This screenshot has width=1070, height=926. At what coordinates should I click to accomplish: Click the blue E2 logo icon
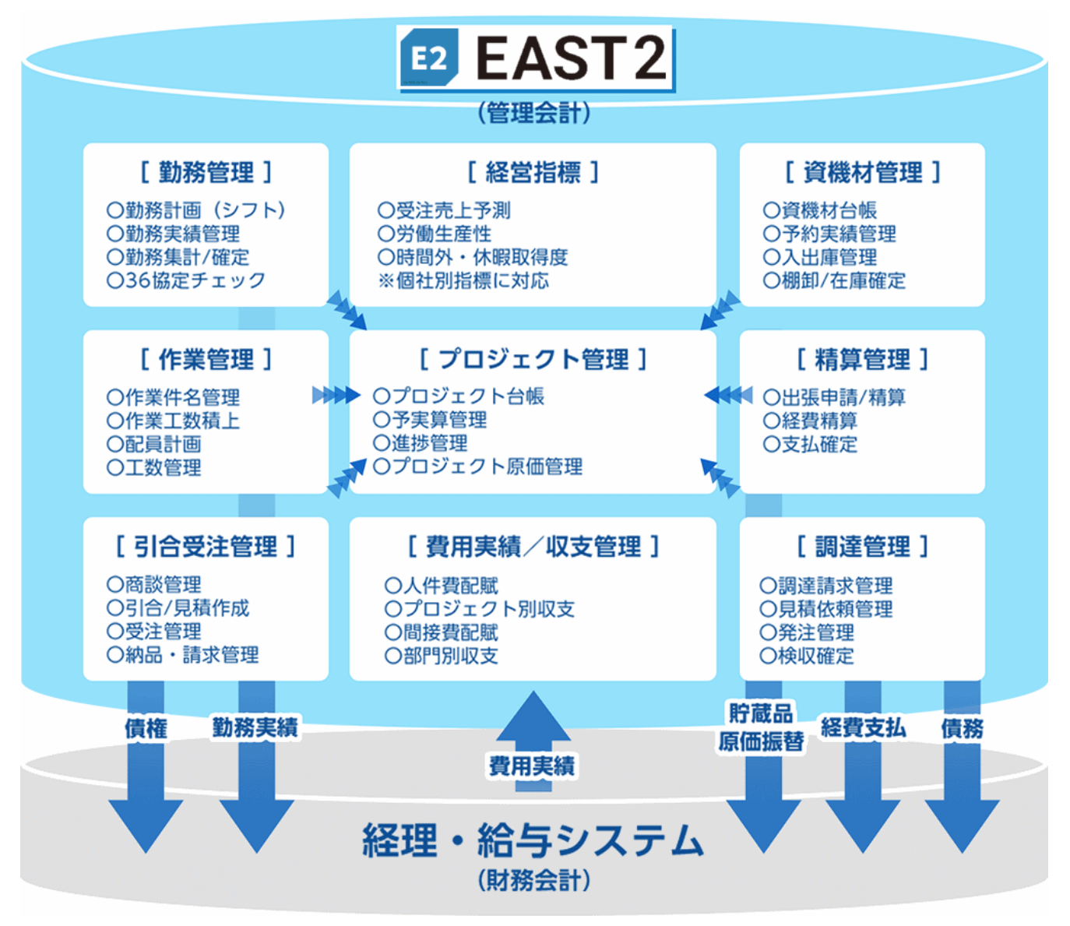429,58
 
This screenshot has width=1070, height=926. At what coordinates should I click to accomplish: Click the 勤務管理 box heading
206,172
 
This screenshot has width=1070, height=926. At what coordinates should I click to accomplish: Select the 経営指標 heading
533,172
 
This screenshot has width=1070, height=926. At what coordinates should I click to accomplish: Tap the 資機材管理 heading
862,172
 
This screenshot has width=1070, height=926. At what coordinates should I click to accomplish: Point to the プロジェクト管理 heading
533,359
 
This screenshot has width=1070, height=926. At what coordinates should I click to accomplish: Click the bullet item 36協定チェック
186,280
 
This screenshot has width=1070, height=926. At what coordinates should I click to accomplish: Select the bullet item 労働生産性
435,234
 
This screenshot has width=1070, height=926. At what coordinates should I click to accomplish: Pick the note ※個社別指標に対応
463,280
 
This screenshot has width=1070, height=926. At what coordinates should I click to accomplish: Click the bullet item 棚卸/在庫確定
834,280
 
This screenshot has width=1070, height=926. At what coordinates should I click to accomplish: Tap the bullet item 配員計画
154,444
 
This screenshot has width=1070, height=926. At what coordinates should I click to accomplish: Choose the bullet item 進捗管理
421,443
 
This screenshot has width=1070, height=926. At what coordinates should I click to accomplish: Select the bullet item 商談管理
154,584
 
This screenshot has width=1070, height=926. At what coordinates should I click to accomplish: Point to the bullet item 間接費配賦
442,632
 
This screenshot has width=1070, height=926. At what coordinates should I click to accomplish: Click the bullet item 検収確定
807,656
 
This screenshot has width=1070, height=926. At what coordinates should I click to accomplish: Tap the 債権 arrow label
146,728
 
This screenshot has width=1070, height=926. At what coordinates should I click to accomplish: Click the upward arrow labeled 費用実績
533,740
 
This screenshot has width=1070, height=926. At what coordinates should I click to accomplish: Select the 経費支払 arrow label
863,728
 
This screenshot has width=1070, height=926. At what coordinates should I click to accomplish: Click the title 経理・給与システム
533,840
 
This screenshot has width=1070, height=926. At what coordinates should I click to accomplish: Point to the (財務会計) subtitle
533,881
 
